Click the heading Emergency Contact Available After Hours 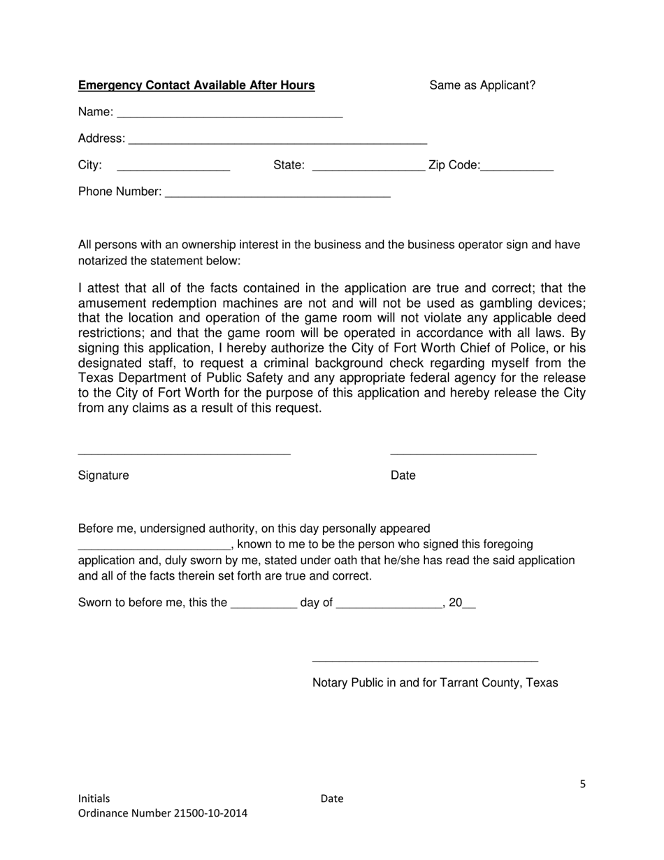click(196, 85)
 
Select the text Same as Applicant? click(482, 85)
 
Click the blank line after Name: click(230, 113)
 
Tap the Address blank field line click(277, 140)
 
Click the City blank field click(173, 166)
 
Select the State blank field click(368, 166)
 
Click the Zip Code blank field click(517, 166)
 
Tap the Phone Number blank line click(277, 193)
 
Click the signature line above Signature click(184, 452)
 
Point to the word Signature click(103, 475)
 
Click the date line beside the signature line click(463, 452)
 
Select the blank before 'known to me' click(154, 545)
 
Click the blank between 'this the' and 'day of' click(264, 604)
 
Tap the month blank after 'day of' click(389, 604)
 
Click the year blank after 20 click(469, 604)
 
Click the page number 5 click(582, 784)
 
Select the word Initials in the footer click(94, 798)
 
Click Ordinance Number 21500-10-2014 click(162, 813)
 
